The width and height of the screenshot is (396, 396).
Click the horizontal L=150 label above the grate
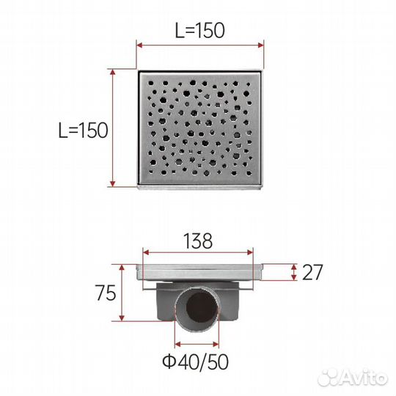[199, 31]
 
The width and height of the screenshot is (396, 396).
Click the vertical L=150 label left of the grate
[83, 131]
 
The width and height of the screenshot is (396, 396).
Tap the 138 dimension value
[198, 241]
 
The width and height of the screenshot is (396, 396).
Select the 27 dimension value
[312, 272]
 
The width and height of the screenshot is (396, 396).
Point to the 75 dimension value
[106, 293]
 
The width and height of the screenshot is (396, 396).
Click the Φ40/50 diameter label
[196, 362]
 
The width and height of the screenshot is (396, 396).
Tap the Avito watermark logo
[353, 378]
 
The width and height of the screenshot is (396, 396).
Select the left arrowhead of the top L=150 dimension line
[139, 45]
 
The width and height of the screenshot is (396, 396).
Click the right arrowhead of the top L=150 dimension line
[260, 45]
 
